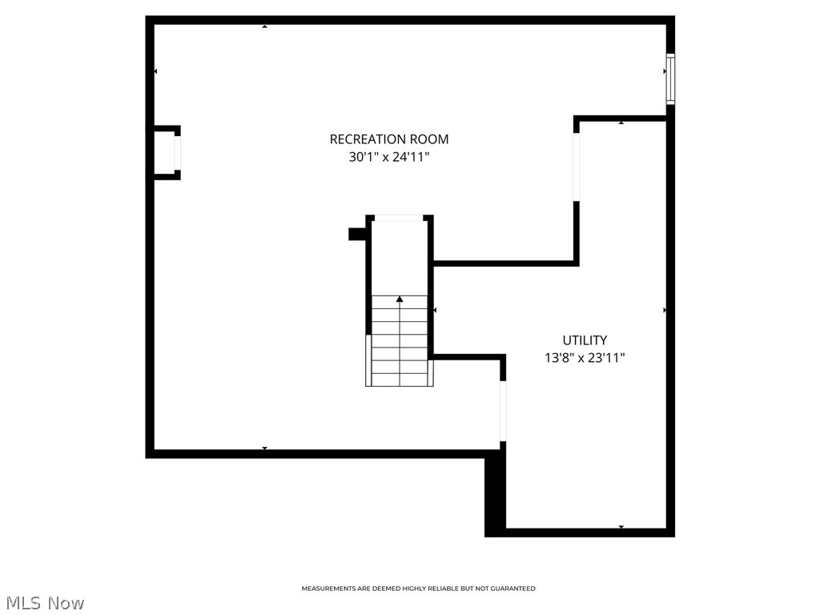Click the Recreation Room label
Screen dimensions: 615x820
(x=388, y=139)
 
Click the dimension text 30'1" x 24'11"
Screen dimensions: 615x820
(x=388, y=158)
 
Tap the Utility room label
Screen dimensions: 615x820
(x=584, y=340)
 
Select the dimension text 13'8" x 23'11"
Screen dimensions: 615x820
(x=584, y=359)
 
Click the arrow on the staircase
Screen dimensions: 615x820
(x=400, y=299)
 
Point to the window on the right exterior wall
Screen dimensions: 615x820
(x=670, y=78)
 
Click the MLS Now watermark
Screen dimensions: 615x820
(x=44, y=603)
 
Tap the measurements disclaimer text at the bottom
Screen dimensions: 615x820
(x=418, y=589)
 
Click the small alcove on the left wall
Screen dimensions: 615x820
(x=167, y=152)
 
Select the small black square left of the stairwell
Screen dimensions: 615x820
(x=357, y=234)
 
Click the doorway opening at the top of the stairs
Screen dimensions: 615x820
(x=400, y=218)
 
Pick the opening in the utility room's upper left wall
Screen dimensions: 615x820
(x=576, y=166)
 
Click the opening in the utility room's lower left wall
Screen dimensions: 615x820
(x=503, y=411)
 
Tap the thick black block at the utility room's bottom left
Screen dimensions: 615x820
(x=496, y=492)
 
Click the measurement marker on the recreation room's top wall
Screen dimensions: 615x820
(x=264, y=26)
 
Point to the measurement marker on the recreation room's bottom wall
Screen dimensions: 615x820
(x=264, y=448)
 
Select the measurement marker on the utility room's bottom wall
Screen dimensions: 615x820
(x=621, y=527)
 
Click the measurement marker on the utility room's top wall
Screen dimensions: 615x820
(x=621, y=123)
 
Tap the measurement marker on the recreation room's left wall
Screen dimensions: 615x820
(x=155, y=72)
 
